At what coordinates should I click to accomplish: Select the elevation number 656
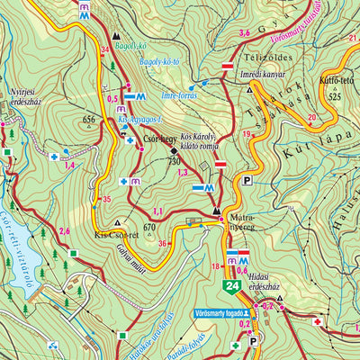click(88, 119)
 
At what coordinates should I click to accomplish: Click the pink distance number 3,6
click(243, 33)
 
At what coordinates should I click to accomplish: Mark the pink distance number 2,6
click(64, 231)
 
